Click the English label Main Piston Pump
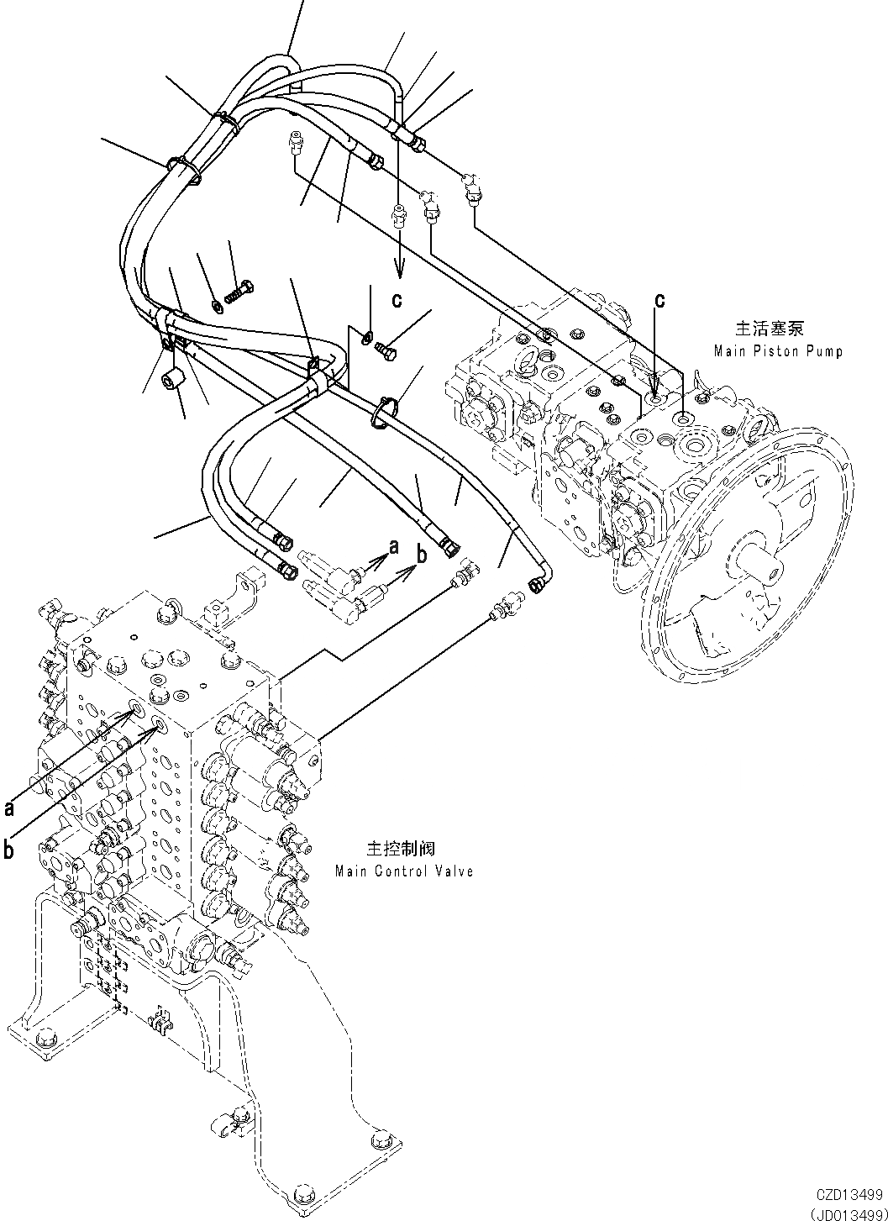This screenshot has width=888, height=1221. tap(777, 351)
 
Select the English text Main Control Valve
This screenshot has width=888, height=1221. tap(403, 871)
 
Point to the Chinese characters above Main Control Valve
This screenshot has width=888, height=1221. tap(402, 849)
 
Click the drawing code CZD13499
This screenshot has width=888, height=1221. tap(848, 1193)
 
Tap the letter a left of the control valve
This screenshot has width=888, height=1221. tap(9, 808)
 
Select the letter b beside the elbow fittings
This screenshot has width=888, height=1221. tap(423, 555)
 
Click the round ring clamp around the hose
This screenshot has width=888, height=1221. tap(383, 412)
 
